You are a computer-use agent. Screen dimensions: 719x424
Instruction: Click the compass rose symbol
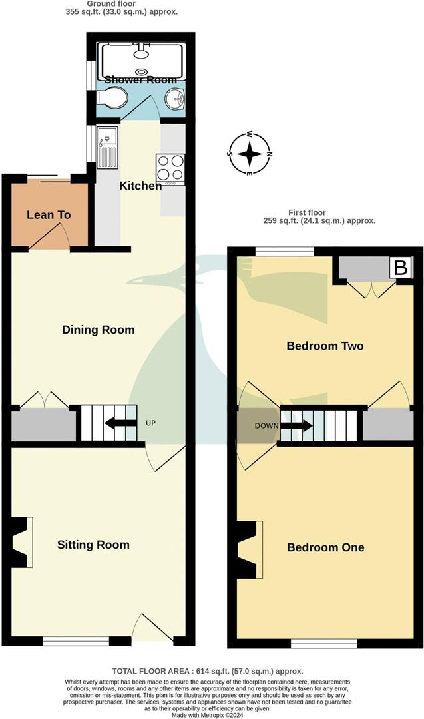(x=250, y=154)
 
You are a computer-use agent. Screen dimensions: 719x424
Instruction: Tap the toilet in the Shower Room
(x=112, y=99)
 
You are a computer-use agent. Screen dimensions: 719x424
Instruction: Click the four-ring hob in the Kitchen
(x=170, y=169)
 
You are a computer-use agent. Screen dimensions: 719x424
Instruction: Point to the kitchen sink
(x=107, y=148)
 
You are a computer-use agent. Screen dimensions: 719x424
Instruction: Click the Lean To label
(x=49, y=215)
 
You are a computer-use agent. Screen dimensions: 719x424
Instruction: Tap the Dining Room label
(x=98, y=330)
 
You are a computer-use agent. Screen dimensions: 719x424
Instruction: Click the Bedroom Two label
(x=325, y=346)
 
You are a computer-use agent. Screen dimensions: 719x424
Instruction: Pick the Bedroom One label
(x=325, y=547)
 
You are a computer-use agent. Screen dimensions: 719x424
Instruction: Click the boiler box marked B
(x=401, y=268)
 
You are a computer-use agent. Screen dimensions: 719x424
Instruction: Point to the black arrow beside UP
(x=117, y=423)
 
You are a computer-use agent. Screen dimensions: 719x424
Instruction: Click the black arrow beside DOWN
(x=296, y=425)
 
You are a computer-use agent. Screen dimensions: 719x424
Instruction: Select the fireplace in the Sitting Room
(x=21, y=543)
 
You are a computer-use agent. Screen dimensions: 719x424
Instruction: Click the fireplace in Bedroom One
(x=249, y=549)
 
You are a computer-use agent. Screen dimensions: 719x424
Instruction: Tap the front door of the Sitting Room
(x=153, y=629)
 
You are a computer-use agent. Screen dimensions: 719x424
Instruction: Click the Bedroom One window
(x=323, y=644)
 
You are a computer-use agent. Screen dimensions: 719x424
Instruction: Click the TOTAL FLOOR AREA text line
(x=212, y=672)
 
